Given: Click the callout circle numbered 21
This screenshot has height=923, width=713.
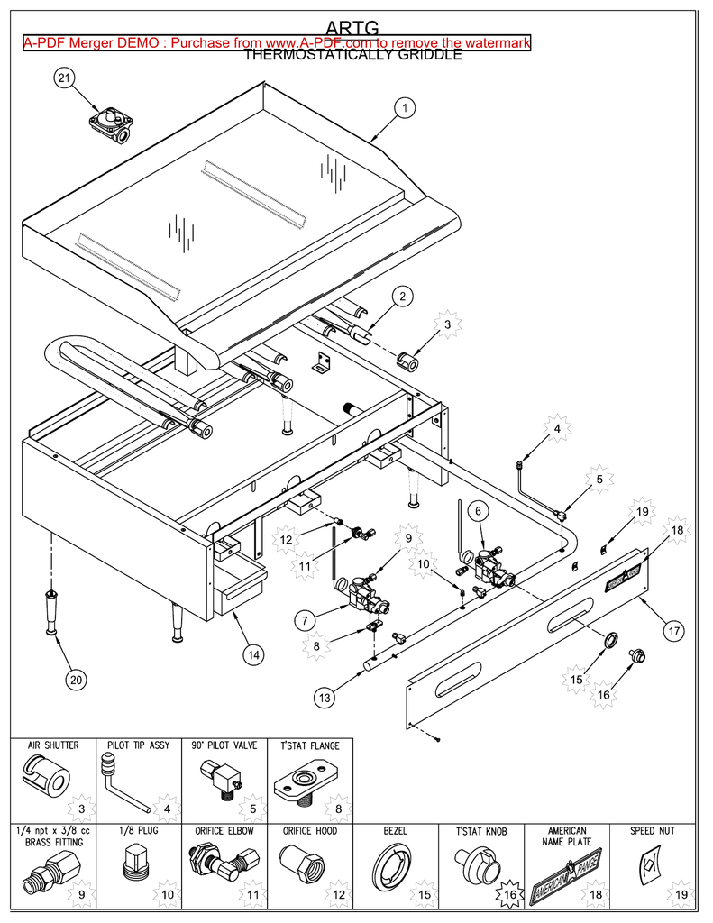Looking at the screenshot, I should (x=64, y=79).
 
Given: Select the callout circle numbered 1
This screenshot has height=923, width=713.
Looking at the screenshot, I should (x=405, y=108).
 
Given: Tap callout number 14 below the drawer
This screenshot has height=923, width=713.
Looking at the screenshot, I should (x=255, y=655).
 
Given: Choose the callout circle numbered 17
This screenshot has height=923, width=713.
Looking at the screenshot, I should (x=673, y=631).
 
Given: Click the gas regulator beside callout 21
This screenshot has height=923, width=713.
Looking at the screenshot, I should (x=111, y=123).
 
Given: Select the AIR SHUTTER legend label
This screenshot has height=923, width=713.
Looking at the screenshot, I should (x=52, y=745).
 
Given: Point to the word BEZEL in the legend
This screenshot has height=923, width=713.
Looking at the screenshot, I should (x=397, y=830).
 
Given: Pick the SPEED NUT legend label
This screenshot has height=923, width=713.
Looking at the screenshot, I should (x=654, y=830).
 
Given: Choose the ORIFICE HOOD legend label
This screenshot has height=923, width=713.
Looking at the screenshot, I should (x=309, y=830).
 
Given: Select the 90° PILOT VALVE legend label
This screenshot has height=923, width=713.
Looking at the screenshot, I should (x=224, y=745).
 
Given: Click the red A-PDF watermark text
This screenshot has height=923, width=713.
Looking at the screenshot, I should (x=277, y=42).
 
